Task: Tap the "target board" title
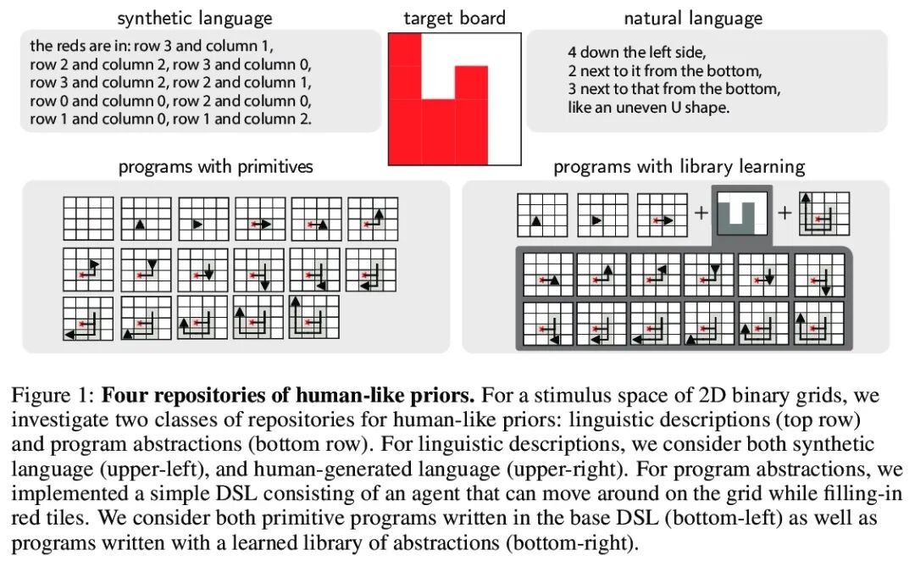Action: click(454, 18)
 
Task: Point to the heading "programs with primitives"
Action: click(215, 166)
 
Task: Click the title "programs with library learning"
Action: click(679, 166)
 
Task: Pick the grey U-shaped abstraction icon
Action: click(741, 214)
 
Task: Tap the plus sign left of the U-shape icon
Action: click(701, 214)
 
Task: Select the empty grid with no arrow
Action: click(88, 218)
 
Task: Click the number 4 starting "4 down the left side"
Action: click(573, 53)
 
